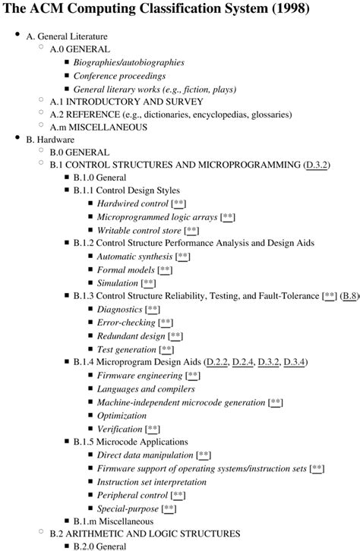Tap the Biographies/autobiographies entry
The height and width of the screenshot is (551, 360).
tap(128, 62)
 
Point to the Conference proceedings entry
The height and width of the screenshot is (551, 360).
tap(118, 76)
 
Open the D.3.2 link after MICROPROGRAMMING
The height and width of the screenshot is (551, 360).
tap(315, 165)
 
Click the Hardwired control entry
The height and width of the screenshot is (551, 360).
tap(132, 204)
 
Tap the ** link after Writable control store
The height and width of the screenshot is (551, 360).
tap(191, 230)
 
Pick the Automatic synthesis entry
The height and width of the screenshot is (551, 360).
tap(134, 257)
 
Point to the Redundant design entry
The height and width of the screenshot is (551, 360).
tap(131, 335)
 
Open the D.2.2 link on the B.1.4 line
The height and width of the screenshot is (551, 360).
tap(216, 362)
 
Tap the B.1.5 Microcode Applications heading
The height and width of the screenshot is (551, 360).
tap(131, 441)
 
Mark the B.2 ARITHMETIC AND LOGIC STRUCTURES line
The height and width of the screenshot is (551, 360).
tap(145, 534)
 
